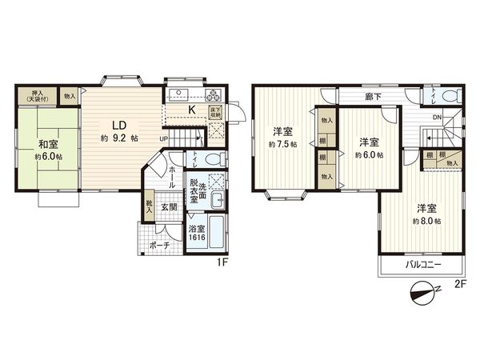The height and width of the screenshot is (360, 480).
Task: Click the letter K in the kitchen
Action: click(x=191, y=110)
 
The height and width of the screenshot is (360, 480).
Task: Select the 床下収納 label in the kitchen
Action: click(x=216, y=113)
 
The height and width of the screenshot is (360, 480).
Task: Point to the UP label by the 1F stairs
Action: click(x=164, y=138)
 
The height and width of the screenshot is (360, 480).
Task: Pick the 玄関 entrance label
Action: click(x=169, y=208)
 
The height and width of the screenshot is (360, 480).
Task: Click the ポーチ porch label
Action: click(x=159, y=246)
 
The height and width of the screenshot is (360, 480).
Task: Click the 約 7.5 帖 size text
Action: click(x=283, y=145)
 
